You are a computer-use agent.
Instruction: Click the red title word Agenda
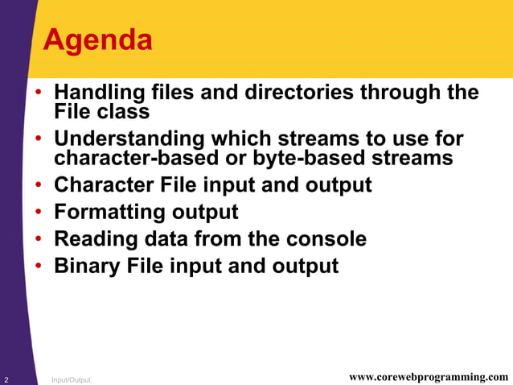pos(97,39)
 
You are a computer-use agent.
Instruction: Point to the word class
pos(122,112)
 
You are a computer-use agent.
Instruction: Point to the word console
pos(324,239)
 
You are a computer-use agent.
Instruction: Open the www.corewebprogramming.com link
pos(429,377)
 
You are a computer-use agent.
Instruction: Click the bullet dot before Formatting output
pos(39,213)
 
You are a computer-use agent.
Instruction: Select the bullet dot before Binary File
pos(39,267)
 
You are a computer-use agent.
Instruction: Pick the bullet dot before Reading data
pos(39,240)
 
